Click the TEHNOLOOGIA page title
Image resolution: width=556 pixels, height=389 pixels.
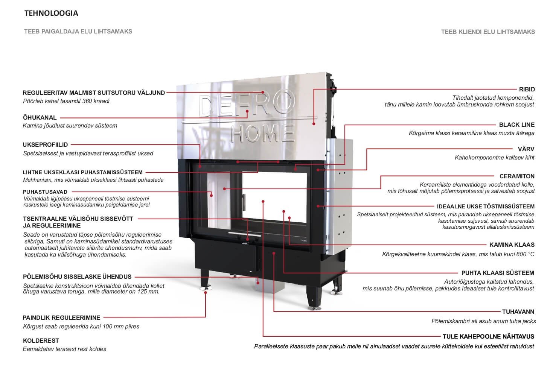[51, 13]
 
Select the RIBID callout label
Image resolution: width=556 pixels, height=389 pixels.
[527, 89]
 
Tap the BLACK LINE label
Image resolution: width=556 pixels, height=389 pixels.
[517, 125]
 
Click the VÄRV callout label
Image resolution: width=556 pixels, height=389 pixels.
[526, 149]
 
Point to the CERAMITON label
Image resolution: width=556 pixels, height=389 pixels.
[517, 176]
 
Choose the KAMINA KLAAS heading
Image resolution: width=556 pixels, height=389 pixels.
[512, 245]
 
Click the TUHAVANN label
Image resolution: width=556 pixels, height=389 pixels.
[518, 312]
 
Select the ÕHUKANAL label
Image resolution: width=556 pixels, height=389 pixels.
[40, 118]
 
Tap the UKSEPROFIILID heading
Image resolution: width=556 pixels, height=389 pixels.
[45, 144]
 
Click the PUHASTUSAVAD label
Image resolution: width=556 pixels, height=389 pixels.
[45, 192]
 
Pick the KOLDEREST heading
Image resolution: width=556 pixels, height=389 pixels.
[41, 340]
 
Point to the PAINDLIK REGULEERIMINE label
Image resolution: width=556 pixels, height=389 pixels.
[62, 318]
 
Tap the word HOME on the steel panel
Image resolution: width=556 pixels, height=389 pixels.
[263, 133]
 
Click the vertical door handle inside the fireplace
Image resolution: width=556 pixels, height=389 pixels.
[244, 202]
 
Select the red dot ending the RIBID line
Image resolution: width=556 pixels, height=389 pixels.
[314, 123]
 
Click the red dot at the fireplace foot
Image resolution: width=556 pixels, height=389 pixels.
[206, 293]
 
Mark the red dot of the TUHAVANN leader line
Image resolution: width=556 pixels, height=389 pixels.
[274, 253]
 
